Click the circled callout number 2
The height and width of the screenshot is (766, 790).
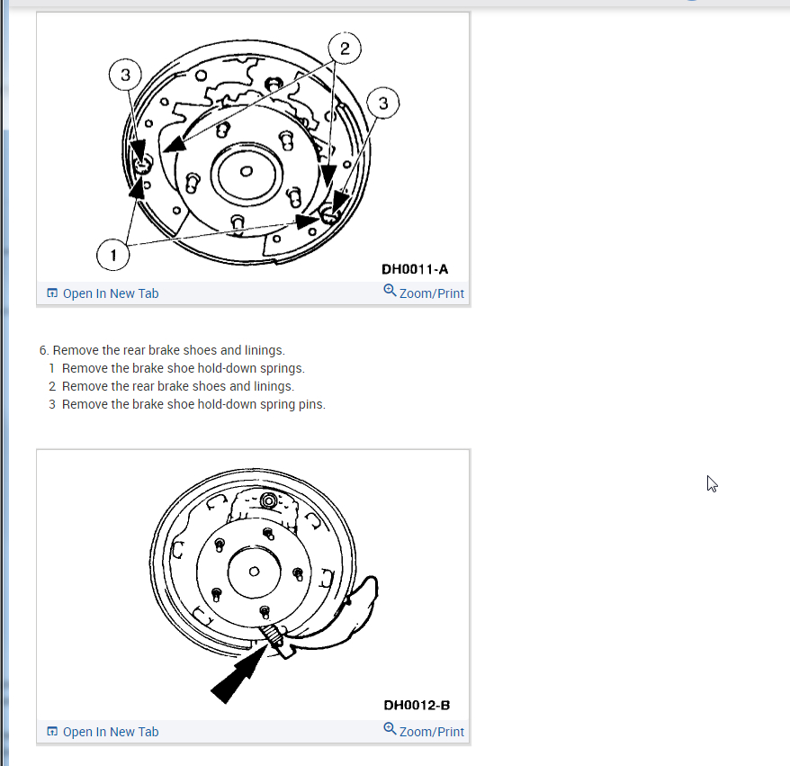345,48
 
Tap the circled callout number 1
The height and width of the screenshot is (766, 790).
112,256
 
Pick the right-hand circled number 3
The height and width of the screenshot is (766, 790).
383,104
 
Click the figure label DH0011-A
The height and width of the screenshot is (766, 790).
415,268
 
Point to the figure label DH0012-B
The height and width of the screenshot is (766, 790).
416,705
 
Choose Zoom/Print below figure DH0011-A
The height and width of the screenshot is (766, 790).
424,293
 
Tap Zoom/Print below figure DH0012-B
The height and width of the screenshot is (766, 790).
424,732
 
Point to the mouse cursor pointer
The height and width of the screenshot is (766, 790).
712,483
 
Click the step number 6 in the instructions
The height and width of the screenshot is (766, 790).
43,350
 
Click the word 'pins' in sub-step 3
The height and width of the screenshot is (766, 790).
310,404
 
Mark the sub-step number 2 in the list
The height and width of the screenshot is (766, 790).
52,386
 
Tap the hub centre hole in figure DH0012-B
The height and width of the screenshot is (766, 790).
254,572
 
